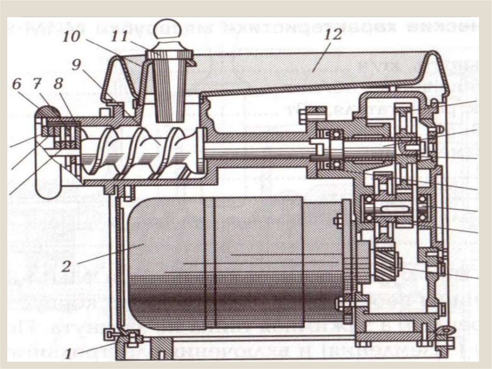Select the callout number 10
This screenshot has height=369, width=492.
pos(72,37)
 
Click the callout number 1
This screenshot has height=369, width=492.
pos(68,355)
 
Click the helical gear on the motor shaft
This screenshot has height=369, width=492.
pos(386,262)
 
